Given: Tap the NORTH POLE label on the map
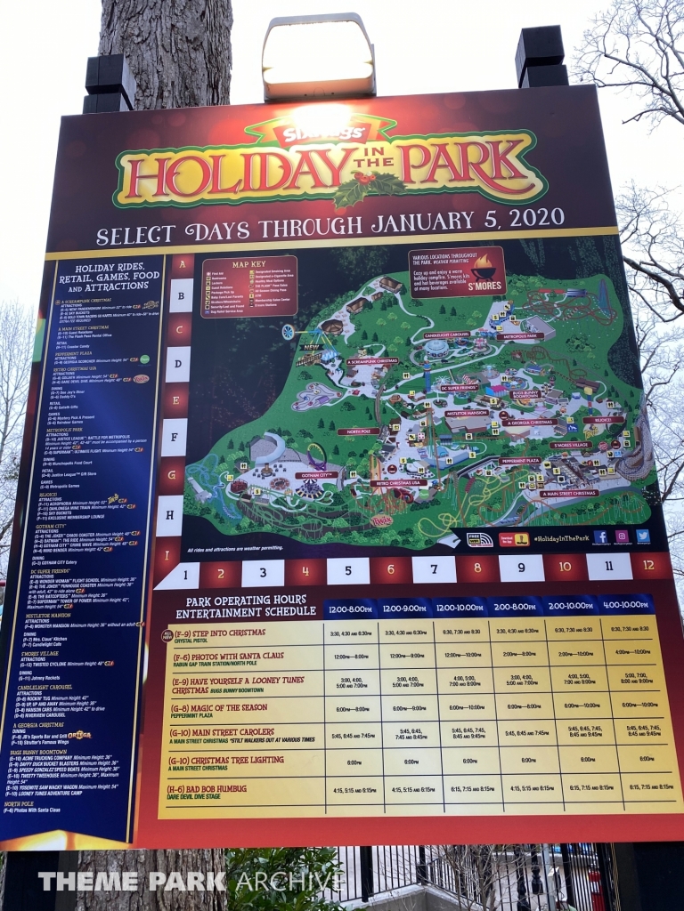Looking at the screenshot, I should [x=357, y=431].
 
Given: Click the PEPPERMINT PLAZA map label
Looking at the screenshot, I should [x=520, y=461].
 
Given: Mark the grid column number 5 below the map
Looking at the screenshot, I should [x=347, y=570].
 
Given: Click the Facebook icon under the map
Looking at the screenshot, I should [x=600, y=536].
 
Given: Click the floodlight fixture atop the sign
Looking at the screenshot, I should [x=318, y=57].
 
